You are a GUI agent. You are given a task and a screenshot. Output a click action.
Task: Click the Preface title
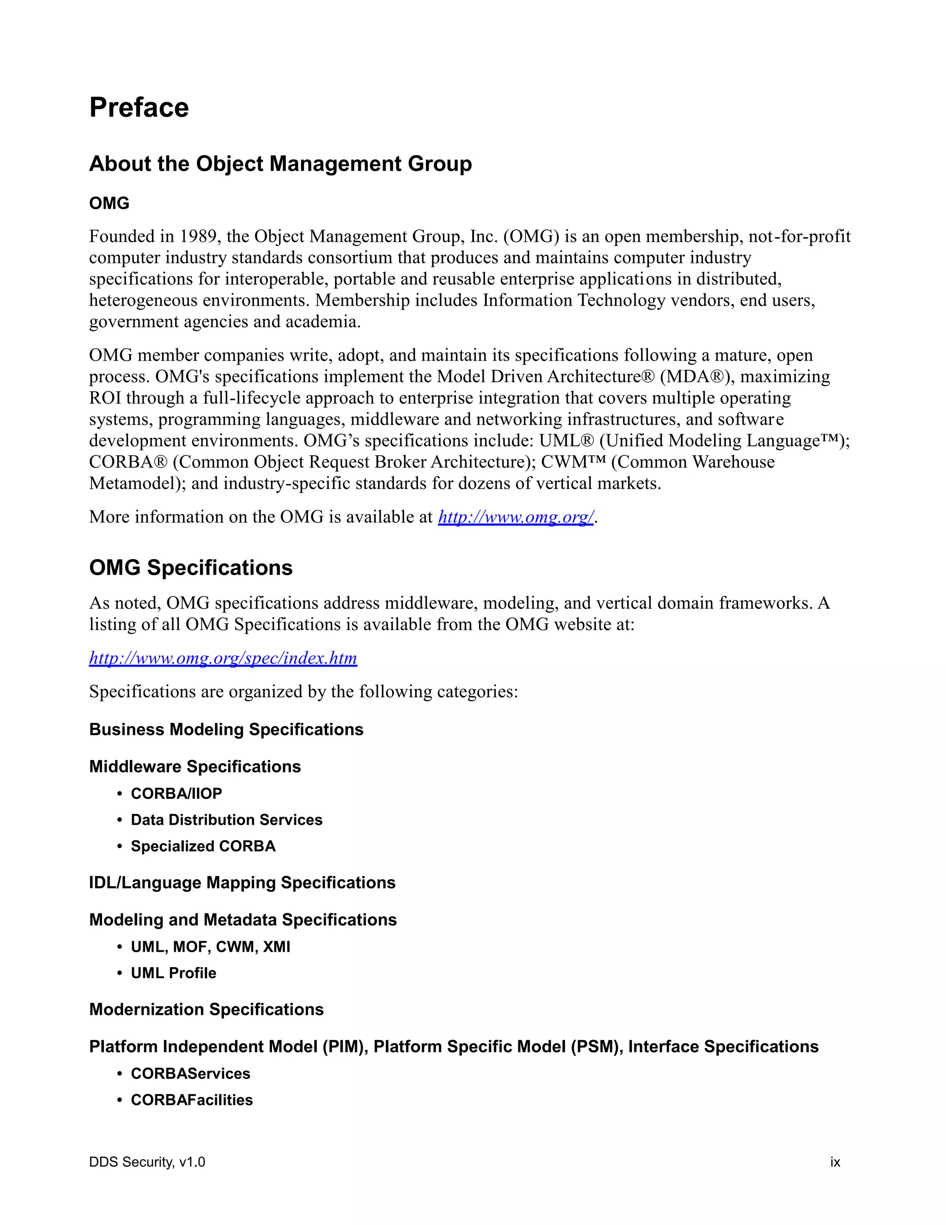(139, 107)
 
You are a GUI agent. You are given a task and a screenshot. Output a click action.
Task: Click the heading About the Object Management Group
(280, 164)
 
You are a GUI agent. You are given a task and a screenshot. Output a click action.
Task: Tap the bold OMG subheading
(109, 203)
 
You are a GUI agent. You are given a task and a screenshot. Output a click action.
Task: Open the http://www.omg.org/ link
(515, 517)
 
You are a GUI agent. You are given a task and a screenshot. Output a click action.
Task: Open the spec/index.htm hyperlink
(223, 657)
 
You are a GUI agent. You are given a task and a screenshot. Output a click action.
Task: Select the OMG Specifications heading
(191, 568)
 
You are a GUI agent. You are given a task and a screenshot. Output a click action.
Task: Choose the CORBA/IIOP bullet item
(176, 793)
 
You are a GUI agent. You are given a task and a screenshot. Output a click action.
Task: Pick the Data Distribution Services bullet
(226, 820)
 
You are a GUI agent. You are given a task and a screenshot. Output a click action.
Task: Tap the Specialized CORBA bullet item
(203, 846)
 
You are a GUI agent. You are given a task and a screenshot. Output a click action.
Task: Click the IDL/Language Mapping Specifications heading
(242, 882)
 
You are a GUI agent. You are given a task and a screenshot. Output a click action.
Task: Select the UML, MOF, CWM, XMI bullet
(210, 947)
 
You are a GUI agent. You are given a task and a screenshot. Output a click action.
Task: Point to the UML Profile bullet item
(173, 973)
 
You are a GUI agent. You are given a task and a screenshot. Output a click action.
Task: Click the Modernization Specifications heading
(206, 1009)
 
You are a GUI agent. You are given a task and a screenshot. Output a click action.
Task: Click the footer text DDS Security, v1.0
(147, 1162)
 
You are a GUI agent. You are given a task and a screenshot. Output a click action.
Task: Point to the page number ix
(835, 1162)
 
